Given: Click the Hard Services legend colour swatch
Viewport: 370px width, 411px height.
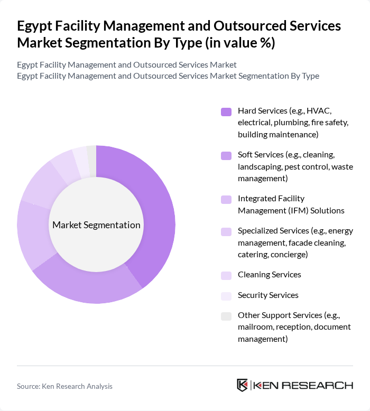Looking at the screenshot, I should tap(226, 111).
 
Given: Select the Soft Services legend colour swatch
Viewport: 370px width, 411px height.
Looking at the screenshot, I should tap(226, 155).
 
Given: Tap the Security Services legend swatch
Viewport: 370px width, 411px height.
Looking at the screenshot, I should tap(226, 295).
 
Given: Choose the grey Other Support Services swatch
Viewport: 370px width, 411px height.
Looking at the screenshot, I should tap(226, 316).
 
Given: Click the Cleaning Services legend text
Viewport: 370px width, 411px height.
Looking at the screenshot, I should tap(269, 275).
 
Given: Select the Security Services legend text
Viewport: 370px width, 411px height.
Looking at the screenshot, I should tap(268, 295).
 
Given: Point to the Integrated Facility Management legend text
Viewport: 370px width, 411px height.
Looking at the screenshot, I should tap(291, 204).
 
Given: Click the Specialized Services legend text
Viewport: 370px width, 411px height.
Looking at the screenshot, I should tap(295, 242).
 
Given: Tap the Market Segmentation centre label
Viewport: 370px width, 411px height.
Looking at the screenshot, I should tap(96, 225).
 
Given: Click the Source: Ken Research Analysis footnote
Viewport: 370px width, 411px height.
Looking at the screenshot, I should tap(64, 386).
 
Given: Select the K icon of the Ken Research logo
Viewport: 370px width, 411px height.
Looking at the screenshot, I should tap(243, 385).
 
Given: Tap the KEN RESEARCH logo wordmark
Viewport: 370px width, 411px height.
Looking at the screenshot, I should tap(302, 385).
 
